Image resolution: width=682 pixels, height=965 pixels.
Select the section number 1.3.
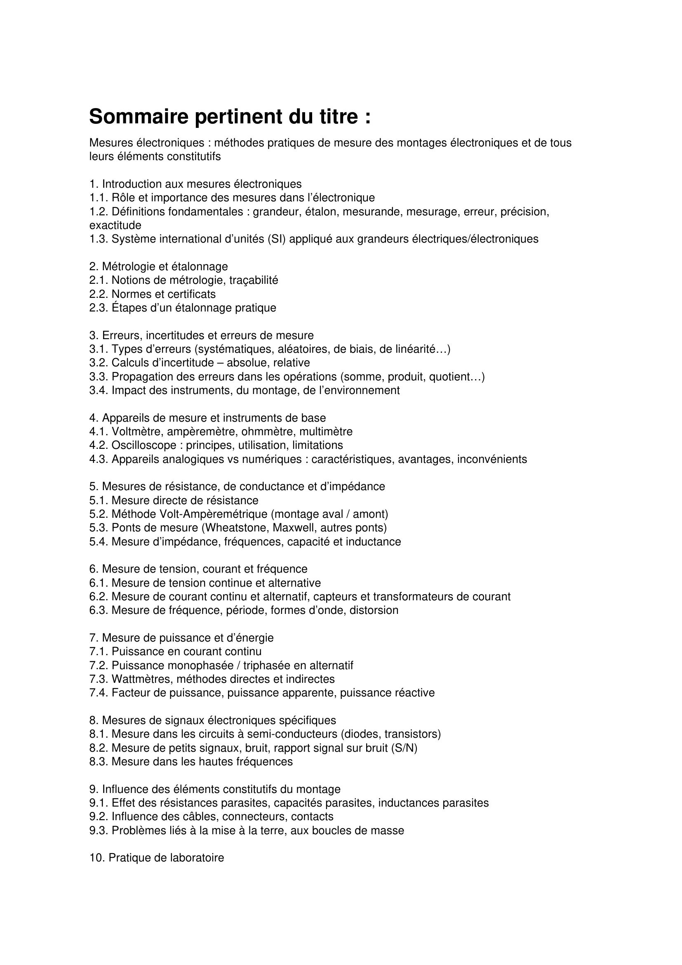click(99, 239)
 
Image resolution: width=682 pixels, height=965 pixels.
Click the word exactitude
click(115, 225)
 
